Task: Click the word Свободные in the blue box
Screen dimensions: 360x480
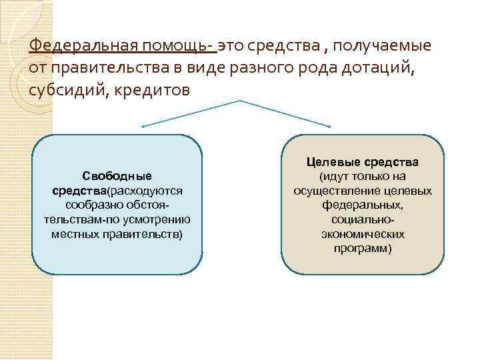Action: pos(117,177)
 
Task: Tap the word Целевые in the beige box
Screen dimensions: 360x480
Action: pos(332,162)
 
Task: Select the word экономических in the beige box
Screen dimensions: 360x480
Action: pos(362,235)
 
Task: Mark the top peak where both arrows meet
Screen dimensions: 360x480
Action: pos(238,101)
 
